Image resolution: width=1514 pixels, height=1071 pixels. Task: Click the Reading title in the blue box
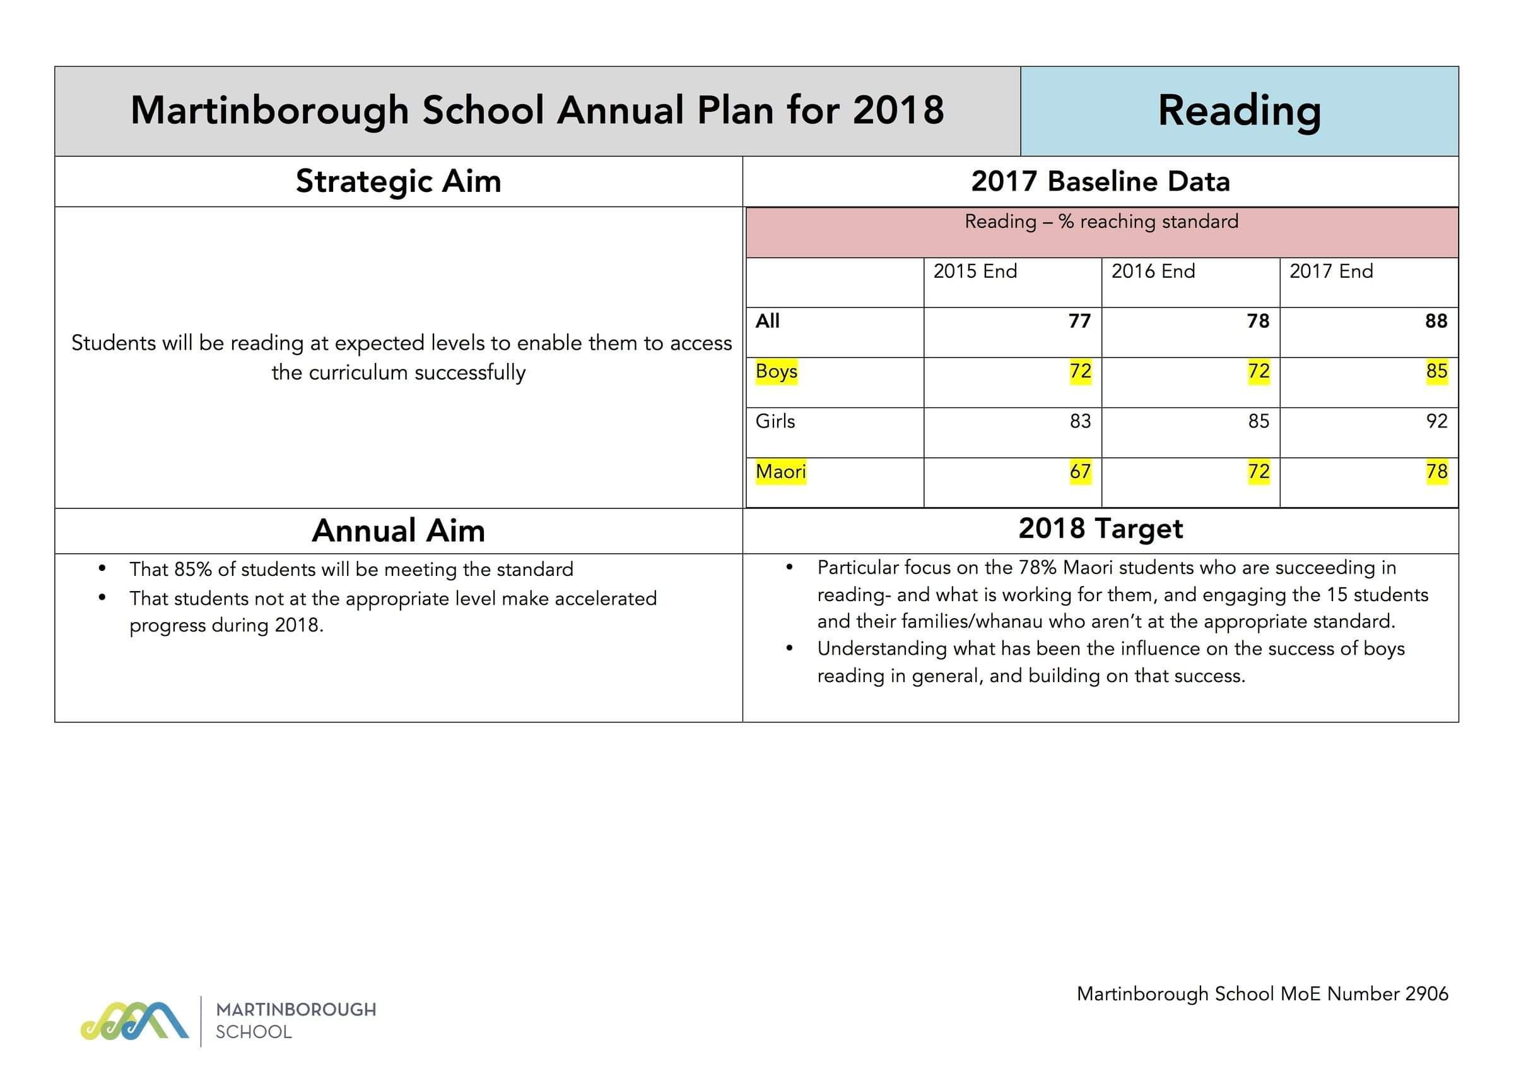tap(1239, 111)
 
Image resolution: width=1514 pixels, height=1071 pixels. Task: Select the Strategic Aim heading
tap(398, 181)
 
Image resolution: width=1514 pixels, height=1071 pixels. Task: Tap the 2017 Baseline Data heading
tap(1100, 181)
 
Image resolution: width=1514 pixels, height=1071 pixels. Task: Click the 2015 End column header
tap(975, 271)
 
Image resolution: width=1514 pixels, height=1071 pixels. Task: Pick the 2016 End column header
tap(1153, 271)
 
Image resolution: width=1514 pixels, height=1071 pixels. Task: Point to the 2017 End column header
tap(1330, 271)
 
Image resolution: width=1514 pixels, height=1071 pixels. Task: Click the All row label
tap(768, 321)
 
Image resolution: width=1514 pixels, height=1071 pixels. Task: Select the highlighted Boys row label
tap(776, 371)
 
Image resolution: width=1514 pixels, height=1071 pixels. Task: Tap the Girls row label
tap(775, 422)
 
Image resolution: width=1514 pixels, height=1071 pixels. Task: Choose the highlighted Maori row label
tap(780, 472)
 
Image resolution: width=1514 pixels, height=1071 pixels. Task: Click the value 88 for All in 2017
tap(1436, 321)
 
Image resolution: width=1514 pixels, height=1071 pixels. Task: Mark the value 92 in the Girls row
tap(1436, 422)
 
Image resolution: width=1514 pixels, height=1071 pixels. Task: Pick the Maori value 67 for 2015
tap(1080, 472)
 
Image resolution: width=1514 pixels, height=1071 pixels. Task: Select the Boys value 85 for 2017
tap(1436, 371)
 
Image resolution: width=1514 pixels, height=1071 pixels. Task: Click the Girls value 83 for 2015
tap(1080, 422)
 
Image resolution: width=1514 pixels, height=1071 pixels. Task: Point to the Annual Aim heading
tap(398, 531)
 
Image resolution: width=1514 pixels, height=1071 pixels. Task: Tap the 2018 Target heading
tap(1100, 529)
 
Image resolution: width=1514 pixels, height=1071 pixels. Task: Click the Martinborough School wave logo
tap(134, 1022)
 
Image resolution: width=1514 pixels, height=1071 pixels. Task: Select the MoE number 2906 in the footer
tap(1426, 994)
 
